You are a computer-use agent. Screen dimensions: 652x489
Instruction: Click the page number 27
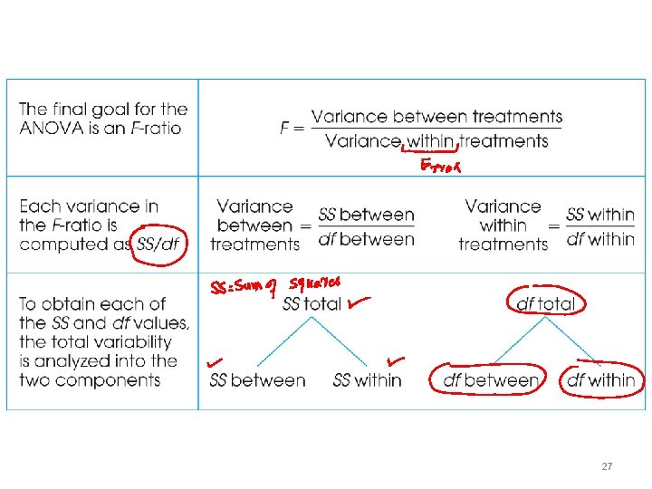tap(607, 466)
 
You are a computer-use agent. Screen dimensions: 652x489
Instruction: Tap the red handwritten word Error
tap(442, 167)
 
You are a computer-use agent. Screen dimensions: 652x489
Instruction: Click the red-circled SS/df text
tap(157, 244)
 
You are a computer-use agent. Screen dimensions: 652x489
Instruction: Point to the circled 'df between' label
tap(490, 380)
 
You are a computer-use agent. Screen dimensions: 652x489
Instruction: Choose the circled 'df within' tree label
tap(600, 380)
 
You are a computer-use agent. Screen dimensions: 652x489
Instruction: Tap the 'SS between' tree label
tap(257, 380)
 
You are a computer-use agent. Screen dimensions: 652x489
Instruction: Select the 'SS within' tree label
tap(367, 380)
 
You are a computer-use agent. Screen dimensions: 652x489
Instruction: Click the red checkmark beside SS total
tap(358, 302)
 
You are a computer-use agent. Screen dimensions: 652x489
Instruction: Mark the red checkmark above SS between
tap(216, 362)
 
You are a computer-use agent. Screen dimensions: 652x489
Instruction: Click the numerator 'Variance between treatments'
tap(436, 117)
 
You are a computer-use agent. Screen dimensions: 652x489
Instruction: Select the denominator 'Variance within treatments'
tap(436, 141)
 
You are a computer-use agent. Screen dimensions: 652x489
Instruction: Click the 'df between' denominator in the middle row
tap(367, 240)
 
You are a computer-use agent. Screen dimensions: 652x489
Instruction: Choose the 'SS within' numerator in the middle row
tap(600, 216)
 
